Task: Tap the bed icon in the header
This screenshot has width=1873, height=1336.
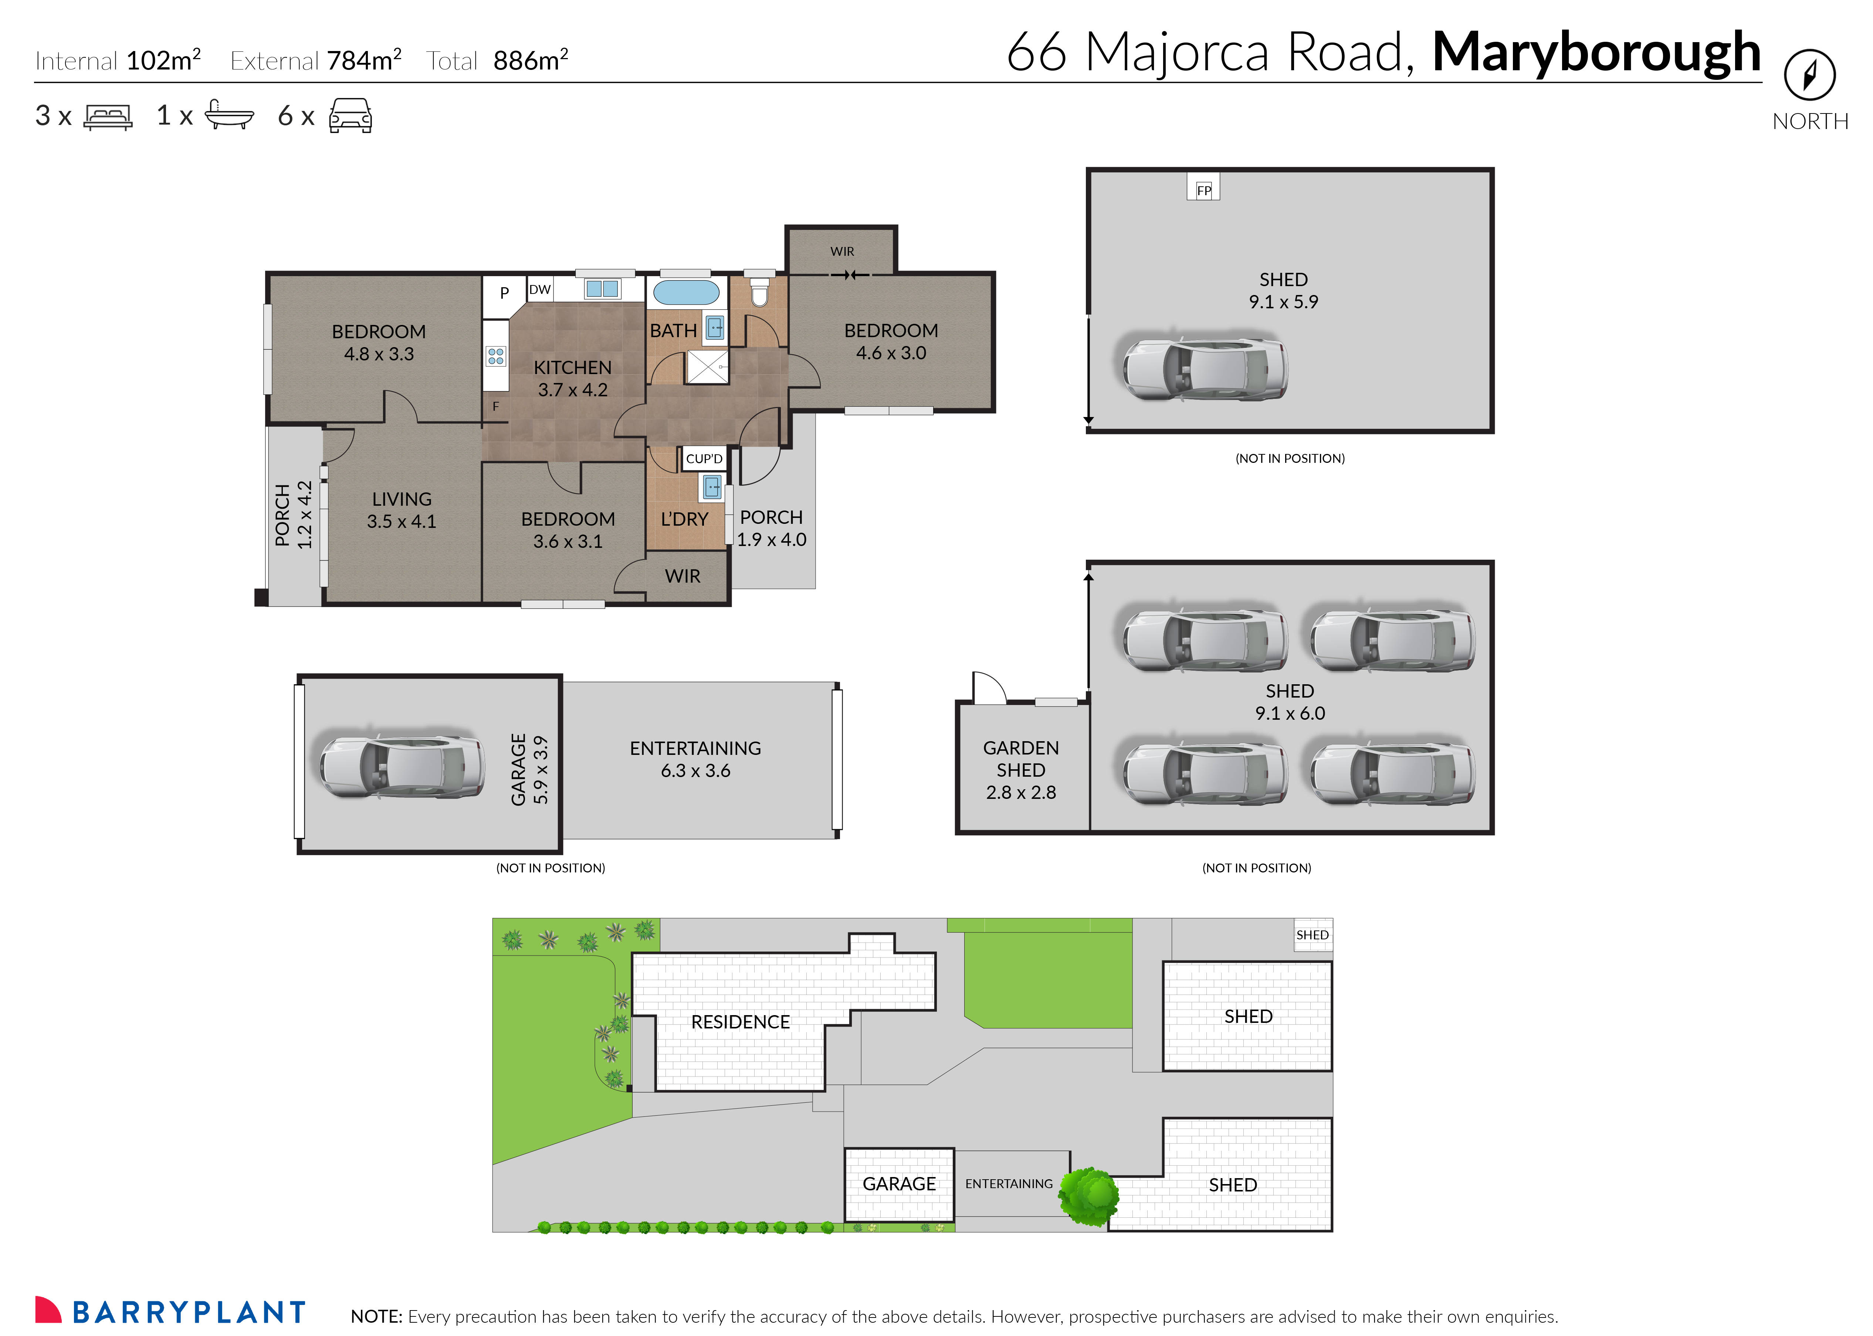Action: point(108,117)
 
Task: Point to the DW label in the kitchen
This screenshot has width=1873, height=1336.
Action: point(540,289)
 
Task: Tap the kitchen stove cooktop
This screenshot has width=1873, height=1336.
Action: point(495,356)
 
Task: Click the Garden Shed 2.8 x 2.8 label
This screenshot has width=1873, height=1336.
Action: point(1021,770)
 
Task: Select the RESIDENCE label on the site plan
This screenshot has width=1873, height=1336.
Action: point(739,1022)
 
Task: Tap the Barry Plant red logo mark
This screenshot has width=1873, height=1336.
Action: point(48,1310)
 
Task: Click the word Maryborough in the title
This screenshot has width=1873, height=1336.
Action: point(1596,52)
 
